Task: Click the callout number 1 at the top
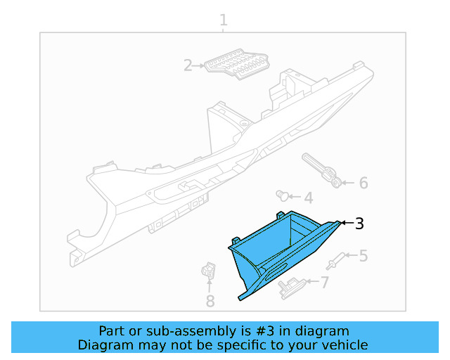[224, 20]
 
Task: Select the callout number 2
[188, 66]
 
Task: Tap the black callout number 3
[359, 224]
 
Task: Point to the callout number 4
[308, 198]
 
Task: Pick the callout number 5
[363, 256]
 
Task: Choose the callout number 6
[363, 184]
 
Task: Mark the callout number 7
[324, 283]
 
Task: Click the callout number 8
[210, 302]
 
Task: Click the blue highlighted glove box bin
[281, 246]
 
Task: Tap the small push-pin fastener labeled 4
[283, 194]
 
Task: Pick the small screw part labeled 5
[337, 261]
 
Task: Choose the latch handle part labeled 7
[290, 286]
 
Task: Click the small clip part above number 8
[208, 271]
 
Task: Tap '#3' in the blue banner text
[266, 331]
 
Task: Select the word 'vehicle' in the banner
[343, 345]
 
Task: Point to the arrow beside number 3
[345, 223]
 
